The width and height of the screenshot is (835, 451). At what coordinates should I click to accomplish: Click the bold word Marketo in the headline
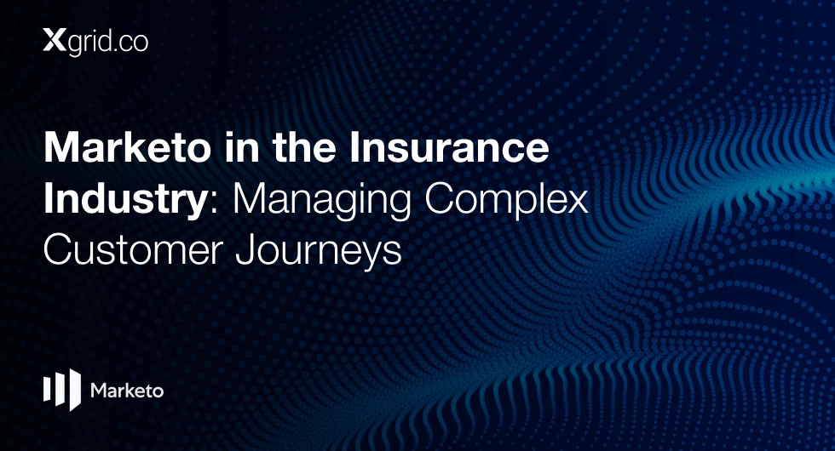128,148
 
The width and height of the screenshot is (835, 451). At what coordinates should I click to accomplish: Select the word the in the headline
305,148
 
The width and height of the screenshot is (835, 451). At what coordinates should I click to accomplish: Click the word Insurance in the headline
449,148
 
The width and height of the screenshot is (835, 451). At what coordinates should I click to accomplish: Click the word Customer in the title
133,249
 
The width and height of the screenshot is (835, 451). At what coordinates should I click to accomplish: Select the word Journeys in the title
319,252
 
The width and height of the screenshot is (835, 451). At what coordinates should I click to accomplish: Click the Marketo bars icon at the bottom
61,390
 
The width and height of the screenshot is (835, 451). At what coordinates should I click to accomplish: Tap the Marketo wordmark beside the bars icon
127,391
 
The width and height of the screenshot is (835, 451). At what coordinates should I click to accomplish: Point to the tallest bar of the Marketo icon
75,390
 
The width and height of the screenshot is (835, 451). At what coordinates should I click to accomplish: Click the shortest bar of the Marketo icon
46,388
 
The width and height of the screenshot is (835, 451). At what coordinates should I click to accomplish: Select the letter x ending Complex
578,203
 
